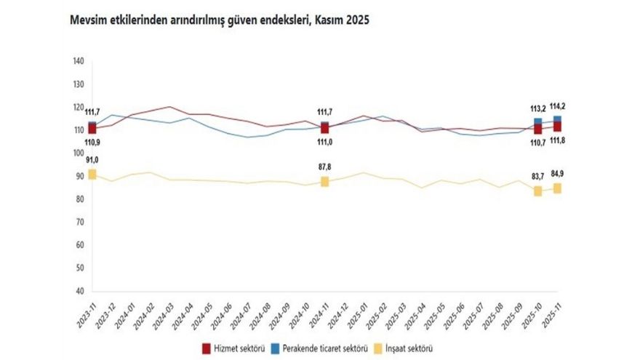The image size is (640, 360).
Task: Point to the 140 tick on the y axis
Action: [x=79, y=61]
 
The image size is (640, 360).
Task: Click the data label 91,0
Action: [x=92, y=160]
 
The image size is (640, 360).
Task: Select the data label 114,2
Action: [x=558, y=106]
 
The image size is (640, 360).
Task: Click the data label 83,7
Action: [x=538, y=177]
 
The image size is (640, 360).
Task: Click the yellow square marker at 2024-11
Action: [x=324, y=182]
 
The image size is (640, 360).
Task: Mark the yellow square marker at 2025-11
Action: [x=557, y=188]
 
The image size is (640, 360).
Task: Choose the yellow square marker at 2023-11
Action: [x=92, y=175]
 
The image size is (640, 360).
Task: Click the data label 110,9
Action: [x=92, y=143]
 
